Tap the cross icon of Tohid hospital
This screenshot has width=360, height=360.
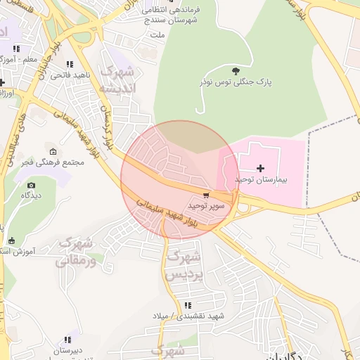pos(261,168)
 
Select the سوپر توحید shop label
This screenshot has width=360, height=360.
pos(206,205)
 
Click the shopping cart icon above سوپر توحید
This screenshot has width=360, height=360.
pos(206,195)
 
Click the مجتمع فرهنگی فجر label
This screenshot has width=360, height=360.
pos(53,162)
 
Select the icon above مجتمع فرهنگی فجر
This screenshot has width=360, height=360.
pos(53,151)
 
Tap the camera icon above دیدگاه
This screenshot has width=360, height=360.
pos(31,185)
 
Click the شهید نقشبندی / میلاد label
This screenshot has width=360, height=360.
pos(187,316)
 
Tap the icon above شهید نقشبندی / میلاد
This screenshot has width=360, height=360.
pos(187,305)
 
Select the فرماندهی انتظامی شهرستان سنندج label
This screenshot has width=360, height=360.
pos(171,15)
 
